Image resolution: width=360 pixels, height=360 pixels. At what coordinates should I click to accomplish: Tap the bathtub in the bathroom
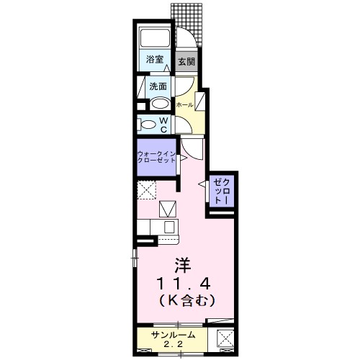click(x=153, y=39)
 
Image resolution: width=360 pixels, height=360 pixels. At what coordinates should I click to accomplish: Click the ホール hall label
click(x=185, y=105)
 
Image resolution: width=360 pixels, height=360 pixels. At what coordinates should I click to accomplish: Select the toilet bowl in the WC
click(x=148, y=125)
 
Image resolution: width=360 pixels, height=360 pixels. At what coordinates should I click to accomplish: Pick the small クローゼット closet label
click(x=220, y=192)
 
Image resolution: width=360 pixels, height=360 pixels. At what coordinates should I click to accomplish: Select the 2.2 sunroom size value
click(x=172, y=345)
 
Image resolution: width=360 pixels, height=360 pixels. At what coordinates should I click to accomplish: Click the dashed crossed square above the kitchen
click(x=148, y=191)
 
